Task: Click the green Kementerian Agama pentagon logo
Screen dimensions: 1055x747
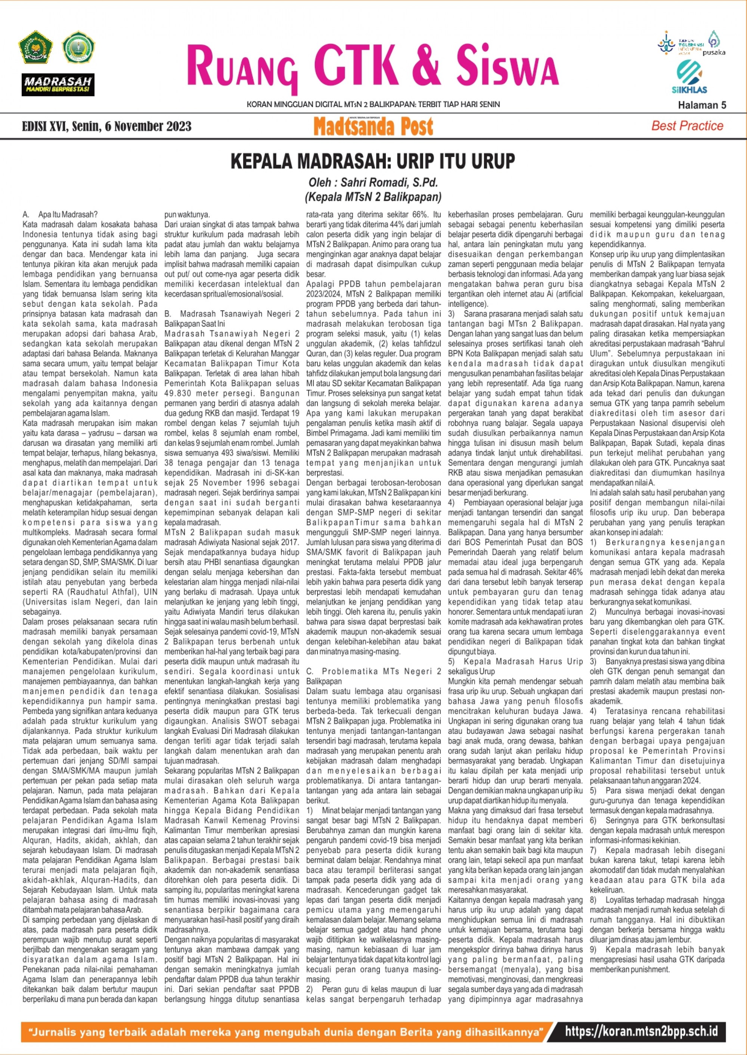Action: (x=35, y=47)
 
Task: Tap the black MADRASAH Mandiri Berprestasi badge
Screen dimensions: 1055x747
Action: (x=58, y=85)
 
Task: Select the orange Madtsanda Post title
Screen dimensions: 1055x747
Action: (x=373, y=127)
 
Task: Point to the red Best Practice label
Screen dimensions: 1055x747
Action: (x=687, y=126)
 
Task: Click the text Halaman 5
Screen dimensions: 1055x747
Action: (x=702, y=105)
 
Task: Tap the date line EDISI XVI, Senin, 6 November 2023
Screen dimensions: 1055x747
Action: (x=107, y=127)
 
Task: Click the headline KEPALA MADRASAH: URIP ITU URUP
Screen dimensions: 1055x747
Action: (x=373, y=161)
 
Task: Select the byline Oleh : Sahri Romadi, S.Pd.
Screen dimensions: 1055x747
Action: (x=373, y=183)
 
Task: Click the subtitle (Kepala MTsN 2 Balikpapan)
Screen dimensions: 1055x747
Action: (x=373, y=197)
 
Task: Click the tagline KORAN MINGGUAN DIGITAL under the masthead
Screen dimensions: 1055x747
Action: (x=373, y=105)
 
